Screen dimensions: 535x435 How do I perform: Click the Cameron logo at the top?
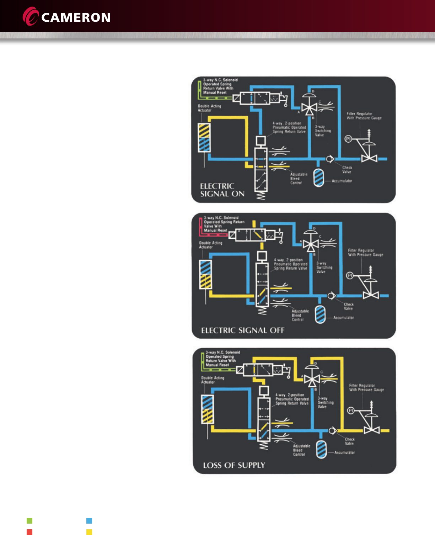click(x=66, y=17)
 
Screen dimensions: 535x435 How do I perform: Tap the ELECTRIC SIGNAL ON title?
click(x=222, y=190)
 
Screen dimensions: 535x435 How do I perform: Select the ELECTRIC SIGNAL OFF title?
click(x=243, y=330)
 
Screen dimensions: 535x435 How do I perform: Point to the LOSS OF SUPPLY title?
click(x=234, y=465)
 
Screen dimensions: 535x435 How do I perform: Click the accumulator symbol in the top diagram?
click(x=319, y=178)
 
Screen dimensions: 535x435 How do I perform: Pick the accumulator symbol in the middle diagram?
click(x=320, y=314)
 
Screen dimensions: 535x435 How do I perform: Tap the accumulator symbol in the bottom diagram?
click(x=321, y=449)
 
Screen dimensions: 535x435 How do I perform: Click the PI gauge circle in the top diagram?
click(x=348, y=139)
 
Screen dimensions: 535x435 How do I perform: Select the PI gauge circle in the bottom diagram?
click(x=351, y=410)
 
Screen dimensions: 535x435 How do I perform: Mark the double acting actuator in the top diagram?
click(x=204, y=138)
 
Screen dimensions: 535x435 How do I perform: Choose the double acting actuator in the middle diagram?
click(x=205, y=274)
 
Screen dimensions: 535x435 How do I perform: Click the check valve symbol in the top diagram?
click(x=330, y=159)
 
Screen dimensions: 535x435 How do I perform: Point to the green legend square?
click(x=29, y=521)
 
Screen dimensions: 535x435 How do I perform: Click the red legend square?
click(x=29, y=532)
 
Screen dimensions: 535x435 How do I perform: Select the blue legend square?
click(x=89, y=521)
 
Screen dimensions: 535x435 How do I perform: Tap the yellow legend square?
click(x=89, y=532)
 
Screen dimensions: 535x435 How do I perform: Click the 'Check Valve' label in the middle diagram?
click(x=349, y=307)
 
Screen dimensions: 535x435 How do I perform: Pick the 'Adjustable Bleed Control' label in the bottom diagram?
click(x=301, y=450)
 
